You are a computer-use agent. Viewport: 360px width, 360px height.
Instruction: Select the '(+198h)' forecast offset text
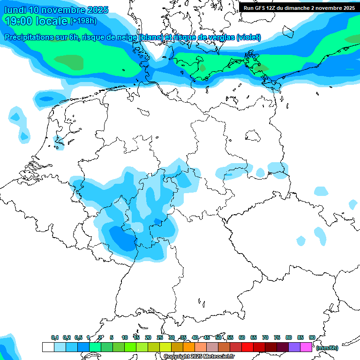(83, 21)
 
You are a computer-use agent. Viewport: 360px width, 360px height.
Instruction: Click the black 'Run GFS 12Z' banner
(299, 7)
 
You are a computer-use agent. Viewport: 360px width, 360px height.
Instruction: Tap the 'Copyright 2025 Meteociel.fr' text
(199, 357)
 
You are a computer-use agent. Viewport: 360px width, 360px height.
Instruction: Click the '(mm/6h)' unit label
(327, 348)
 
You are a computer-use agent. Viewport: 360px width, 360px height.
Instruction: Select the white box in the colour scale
(48, 347)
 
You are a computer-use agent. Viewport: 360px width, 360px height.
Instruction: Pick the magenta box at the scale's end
(306, 347)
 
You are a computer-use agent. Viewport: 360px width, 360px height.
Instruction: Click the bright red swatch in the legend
(247, 347)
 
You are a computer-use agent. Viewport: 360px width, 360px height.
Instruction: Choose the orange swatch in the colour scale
(188, 347)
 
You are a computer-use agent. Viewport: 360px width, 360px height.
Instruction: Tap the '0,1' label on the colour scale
(55, 338)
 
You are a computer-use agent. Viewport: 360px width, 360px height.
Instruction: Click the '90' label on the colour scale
(312, 338)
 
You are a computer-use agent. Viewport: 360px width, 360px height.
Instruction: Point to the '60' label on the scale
(242, 338)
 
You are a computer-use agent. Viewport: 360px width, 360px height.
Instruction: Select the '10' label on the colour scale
(125, 338)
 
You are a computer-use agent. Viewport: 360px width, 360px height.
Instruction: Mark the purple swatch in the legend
(294, 347)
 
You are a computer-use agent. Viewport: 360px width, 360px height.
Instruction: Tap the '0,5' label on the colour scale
(78, 338)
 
